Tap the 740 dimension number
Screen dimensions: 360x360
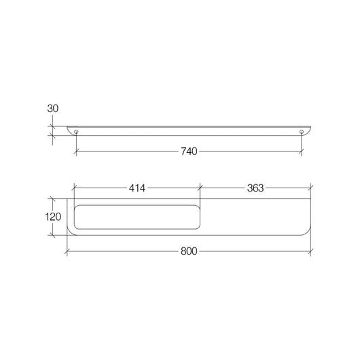click(x=189, y=151)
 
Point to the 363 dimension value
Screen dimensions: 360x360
click(x=255, y=188)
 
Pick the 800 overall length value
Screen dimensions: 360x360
click(x=189, y=252)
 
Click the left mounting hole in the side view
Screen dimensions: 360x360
click(x=76, y=130)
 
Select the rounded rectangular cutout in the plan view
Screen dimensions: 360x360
click(x=138, y=217)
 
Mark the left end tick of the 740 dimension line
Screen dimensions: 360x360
click(x=76, y=151)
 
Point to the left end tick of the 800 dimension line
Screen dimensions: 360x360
click(x=67, y=252)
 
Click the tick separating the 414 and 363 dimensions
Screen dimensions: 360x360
click(x=200, y=188)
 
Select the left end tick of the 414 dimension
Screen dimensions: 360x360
click(x=75, y=188)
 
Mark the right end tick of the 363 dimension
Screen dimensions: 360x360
click(x=310, y=188)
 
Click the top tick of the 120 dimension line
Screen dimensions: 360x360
click(x=53, y=199)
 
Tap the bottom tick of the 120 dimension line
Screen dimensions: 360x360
click(x=53, y=235)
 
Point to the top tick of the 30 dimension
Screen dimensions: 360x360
click(x=53, y=126)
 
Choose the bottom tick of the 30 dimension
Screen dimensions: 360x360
click(x=53, y=134)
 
